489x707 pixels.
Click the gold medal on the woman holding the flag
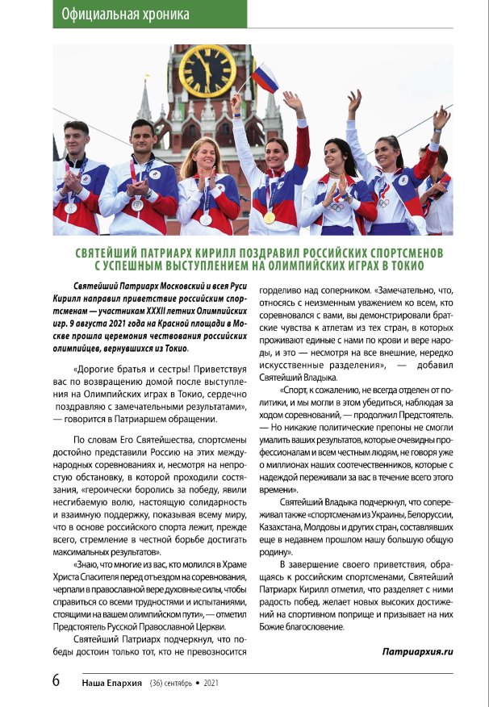[x=270, y=217]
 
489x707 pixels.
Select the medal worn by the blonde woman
[x=205, y=218]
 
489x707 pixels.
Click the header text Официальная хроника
[x=125, y=14]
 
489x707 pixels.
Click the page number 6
[x=56, y=680]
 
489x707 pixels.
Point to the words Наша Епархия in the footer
[x=113, y=682]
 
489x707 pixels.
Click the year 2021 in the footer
[x=211, y=682]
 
